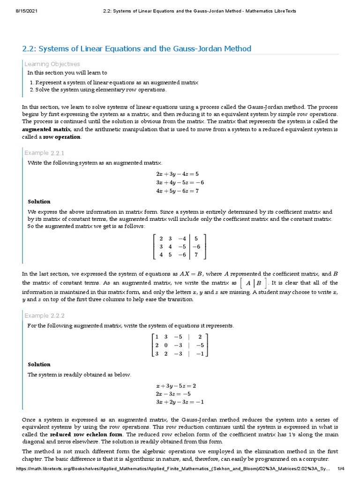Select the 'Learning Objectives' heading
coord(52,64)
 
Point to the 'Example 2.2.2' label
coord(44,315)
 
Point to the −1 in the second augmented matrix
coord(199,353)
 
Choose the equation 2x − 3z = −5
coord(173,394)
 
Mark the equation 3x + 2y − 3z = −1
coord(180,402)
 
